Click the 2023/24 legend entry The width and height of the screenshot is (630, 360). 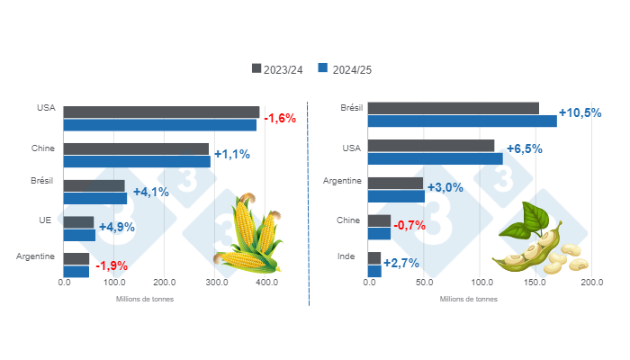pos(283,68)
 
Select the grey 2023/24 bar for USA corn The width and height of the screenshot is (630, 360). pos(161,112)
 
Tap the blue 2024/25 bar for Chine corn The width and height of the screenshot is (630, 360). pos(137,162)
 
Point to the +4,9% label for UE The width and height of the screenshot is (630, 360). pos(116,227)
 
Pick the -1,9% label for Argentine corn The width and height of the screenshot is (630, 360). pos(112,265)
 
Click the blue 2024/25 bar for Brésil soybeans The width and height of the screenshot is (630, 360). pos(463,121)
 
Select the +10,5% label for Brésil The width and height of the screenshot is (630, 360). pos(580,113)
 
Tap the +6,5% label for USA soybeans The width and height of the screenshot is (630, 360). pos(524,149)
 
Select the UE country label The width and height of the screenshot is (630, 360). pos(49,219)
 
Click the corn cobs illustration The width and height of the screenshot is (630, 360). pos(248,236)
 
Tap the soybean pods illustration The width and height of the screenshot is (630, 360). pos(538,239)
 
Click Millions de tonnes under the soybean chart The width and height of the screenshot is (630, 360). pos(468,299)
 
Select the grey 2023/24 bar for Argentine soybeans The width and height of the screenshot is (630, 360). pos(396,183)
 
